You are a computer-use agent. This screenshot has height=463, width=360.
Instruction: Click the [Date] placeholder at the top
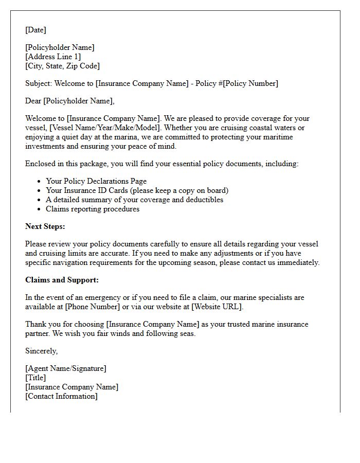35,30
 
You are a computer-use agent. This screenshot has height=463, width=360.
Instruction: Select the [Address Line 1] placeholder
53,57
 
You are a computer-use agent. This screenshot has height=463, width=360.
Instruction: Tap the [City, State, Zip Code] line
62,66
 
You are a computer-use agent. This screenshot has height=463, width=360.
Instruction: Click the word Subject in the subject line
38,83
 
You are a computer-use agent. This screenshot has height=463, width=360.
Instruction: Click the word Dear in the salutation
33,101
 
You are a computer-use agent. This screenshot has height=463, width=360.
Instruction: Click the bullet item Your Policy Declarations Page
96,181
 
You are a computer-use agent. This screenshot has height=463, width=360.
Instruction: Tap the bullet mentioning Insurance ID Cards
137,190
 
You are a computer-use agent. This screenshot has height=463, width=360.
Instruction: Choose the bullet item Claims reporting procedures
93,209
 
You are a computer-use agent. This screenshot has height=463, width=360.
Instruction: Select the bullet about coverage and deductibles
134,200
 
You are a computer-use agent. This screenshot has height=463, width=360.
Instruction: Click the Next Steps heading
45,226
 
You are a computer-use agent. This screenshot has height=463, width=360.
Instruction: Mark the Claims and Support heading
62,280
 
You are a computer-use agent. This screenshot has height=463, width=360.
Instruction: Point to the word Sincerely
41,351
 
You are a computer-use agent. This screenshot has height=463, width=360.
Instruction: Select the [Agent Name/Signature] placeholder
66,368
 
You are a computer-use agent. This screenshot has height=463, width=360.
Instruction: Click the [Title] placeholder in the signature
35,378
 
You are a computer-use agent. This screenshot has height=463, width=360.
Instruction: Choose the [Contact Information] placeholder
61,396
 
